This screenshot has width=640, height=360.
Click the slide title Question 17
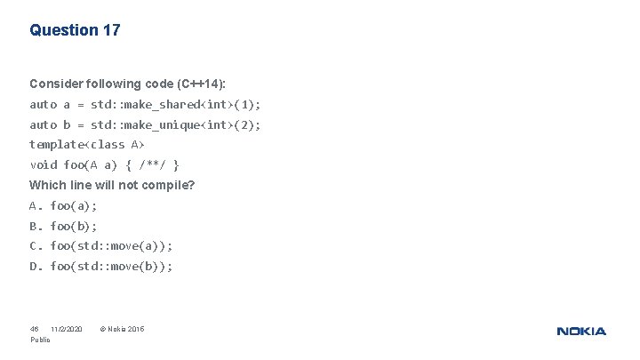[x=75, y=30]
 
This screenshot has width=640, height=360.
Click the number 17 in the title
[x=111, y=30]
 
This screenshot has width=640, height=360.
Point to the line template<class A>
[x=87, y=144]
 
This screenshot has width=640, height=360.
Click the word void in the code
[x=43, y=164]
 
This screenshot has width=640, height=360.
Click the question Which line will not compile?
[x=112, y=185]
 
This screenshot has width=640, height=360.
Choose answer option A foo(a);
[x=63, y=205]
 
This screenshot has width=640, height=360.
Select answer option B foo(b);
[x=63, y=226]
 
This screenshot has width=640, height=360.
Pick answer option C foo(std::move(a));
[x=101, y=245]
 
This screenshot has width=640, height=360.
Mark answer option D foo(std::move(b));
[x=101, y=266]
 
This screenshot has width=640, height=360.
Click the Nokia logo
[x=581, y=332]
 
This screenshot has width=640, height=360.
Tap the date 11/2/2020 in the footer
[x=66, y=330]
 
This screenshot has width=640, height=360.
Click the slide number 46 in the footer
[x=35, y=330]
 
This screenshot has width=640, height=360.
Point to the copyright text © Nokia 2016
[x=122, y=330]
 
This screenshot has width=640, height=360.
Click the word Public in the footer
[x=40, y=340]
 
